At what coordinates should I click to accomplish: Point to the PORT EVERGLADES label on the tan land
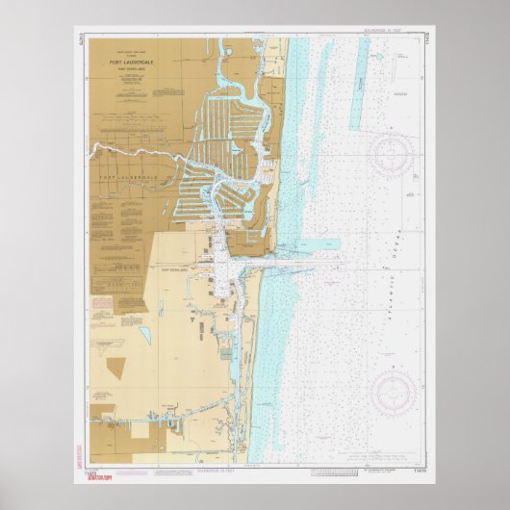click(x=177, y=271)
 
